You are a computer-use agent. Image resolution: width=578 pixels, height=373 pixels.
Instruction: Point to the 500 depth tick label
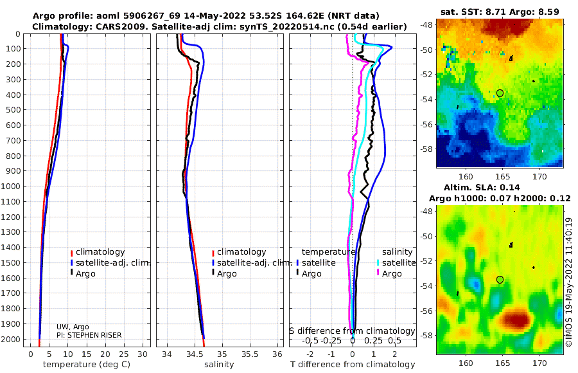(x=13, y=110)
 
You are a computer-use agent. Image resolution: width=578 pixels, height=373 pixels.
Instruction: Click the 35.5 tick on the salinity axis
(x=249, y=354)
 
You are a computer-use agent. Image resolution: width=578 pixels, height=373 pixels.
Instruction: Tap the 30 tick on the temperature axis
(x=142, y=354)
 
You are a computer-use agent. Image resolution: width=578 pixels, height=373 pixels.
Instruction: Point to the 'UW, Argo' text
(x=71, y=327)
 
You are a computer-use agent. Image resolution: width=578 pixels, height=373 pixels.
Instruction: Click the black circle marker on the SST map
(x=500, y=93)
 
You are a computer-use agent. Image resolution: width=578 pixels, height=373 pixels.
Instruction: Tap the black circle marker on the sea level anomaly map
(x=500, y=279)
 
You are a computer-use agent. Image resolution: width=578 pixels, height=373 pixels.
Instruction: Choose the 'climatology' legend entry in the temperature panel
(x=99, y=252)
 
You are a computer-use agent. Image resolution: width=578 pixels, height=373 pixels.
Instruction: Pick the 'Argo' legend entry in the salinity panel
(x=227, y=274)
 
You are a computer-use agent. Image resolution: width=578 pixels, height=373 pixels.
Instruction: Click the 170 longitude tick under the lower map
(x=539, y=363)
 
